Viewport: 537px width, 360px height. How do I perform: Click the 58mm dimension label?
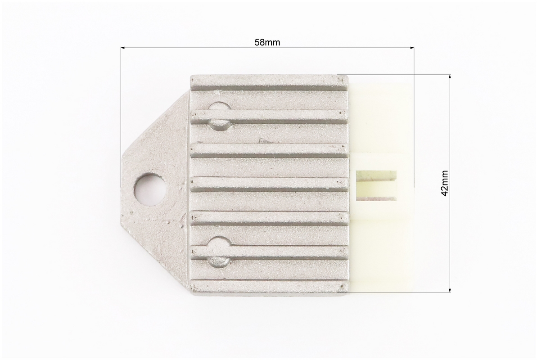[x=267, y=42]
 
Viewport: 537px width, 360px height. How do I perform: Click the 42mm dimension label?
[x=445, y=183]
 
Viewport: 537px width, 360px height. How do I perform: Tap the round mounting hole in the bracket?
[x=151, y=189]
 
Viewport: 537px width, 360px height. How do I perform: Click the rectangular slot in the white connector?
[x=376, y=185]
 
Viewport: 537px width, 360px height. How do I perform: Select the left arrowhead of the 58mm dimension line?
[x=123, y=48]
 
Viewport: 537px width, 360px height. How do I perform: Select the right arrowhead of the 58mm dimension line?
[x=412, y=48]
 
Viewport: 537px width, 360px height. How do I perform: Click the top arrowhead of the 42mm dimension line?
[x=449, y=77]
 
